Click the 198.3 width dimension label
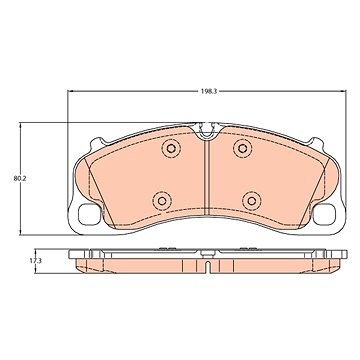pyautogui.click(x=209, y=92)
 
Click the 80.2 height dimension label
pyautogui.click(x=20, y=178)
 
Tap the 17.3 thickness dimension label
pyautogui.click(x=35, y=261)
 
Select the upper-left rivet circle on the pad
pyautogui.click(x=171, y=148)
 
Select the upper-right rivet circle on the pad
pyautogui.click(x=242, y=148)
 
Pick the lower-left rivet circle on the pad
pyautogui.click(x=162, y=201)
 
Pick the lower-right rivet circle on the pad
pyautogui.click(x=252, y=201)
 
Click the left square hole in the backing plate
pyautogui.click(x=89, y=214)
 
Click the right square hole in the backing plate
pyautogui.click(x=324, y=214)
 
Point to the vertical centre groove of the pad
pyautogui.click(x=207, y=178)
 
